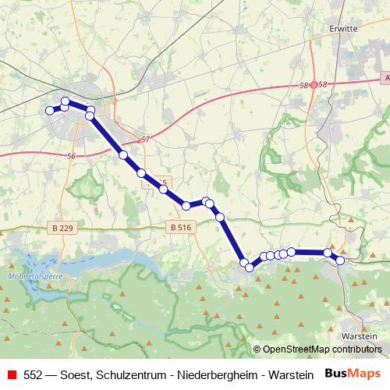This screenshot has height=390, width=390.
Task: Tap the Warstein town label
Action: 360,335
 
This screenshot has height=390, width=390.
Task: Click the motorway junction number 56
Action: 72,156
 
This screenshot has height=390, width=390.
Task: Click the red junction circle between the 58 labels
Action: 314,84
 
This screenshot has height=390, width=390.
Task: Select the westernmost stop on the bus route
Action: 50,111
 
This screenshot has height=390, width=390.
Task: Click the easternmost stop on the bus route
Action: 340,261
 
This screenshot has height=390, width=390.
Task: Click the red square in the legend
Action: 10,374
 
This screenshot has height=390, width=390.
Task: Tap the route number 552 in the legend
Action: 34,374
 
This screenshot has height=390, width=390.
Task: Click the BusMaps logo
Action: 353,374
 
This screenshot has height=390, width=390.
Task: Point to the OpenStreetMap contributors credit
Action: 320,349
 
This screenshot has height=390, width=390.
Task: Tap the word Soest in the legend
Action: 79,374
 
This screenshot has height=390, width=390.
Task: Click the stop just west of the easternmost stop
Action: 328,253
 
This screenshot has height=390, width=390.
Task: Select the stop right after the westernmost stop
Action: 66,102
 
